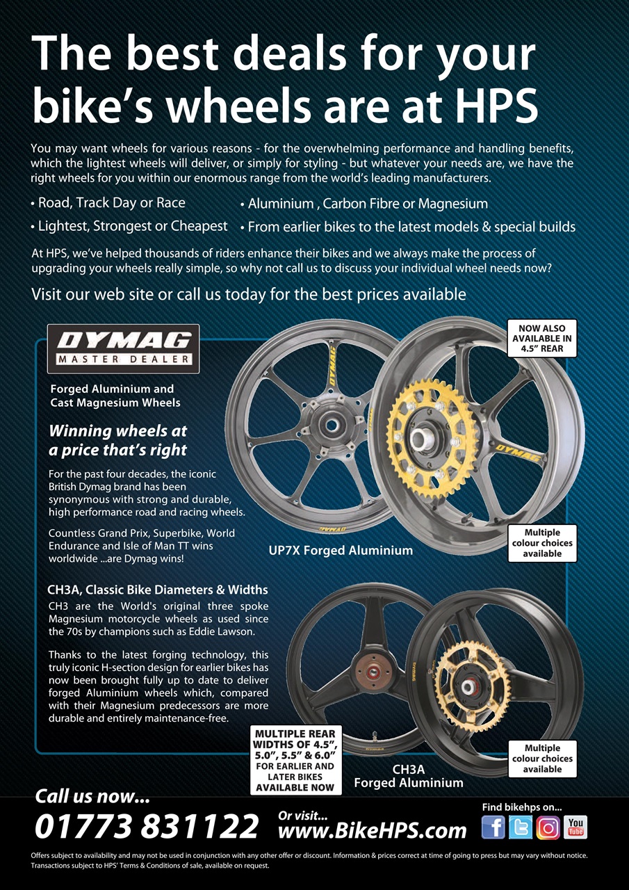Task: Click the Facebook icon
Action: (x=493, y=827)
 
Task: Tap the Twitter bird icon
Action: (x=521, y=827)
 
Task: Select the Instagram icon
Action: (x=548, y=827)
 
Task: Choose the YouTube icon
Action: (x=575, y=827)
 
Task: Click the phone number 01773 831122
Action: (x=147, y=827)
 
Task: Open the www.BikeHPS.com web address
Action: (x=372, y=830)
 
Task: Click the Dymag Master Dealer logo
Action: (x=123, y=348)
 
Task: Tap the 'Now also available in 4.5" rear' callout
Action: (x=542, y=338)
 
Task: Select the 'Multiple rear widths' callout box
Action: (x=295, y=761)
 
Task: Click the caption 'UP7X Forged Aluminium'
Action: (x=341, y=551)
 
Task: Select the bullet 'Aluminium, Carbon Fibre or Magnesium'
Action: (x=363, y=204)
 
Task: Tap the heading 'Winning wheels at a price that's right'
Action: (x=118, y=440)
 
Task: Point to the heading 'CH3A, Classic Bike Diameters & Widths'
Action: (x=158, y=590)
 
